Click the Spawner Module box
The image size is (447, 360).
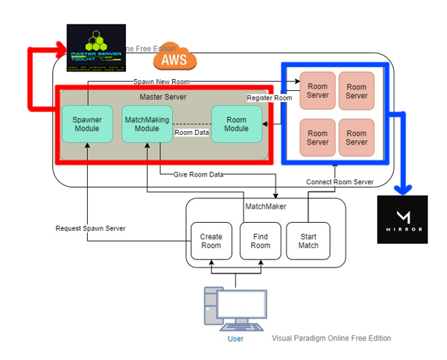(x=87, y=124)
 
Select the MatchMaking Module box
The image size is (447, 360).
(x=147, y=124)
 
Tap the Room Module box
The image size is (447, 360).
(x=236, y=124)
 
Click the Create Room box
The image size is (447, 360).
(x=211, y=241)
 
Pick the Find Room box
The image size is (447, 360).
(x=260, y=241)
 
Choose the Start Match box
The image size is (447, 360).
(x=308, y=241)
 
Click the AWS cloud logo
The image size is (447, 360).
(x=174, y=57)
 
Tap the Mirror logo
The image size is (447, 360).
(x=403, y=219)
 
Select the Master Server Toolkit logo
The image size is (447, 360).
(x=96, y=48)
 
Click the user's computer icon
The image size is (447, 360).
(x=235, y=311)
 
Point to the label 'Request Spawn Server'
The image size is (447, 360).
(x=90, y=228)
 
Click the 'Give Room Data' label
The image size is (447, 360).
(x=198, y=174)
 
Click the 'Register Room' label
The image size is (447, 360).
(x=270, y=98)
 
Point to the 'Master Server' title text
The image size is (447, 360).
(x=162, y=97)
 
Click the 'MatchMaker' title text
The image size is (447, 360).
(x=266, y=206)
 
